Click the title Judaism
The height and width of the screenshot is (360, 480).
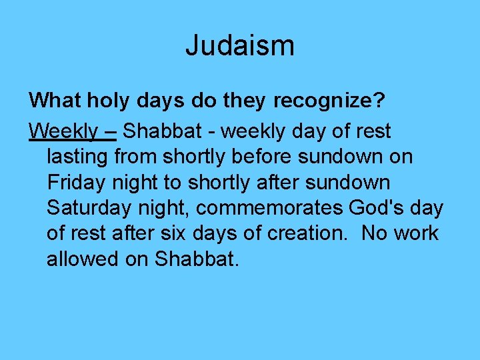coord(240,46)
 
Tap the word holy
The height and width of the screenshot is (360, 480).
coord(101,101)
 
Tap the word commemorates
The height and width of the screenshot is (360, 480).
coord(270,208)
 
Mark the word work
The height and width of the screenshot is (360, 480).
coord(415,233)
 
